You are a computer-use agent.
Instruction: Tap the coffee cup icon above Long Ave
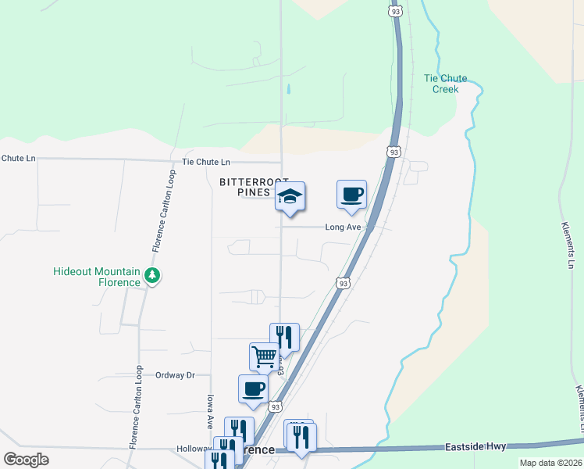(x=351, y=194)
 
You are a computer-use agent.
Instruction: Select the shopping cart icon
(x=265, y=356)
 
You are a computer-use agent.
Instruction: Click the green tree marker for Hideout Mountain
(x=152, y=276)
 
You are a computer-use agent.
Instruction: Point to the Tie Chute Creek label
(x=445, y=84)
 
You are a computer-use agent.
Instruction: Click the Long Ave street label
(x=343, y=227)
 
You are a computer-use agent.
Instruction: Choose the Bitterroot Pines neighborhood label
(x=254, y=187)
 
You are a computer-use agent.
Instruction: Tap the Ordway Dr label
(x=174, y=375)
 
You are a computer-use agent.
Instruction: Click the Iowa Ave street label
(x=210, y=411)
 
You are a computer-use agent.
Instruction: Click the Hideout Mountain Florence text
(x=97, y=276)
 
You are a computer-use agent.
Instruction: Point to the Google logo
(x=27, y=460)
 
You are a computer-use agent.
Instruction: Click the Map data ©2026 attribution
(x=550, y=463)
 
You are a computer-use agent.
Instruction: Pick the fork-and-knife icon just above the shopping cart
(x=284, y=337)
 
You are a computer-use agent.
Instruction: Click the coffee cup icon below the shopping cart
(x=253, y=388)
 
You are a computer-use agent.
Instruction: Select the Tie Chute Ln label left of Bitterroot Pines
(x=206, y=163)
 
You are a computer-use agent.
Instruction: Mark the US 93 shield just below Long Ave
(x=343, y=283)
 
